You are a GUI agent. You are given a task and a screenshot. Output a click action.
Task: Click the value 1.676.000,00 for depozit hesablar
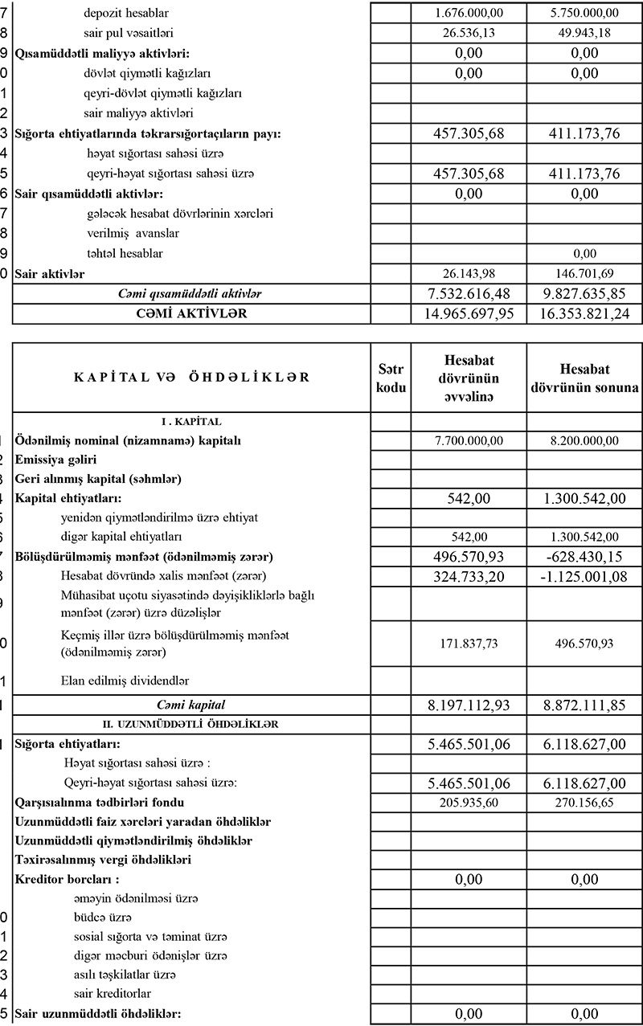[469, 13]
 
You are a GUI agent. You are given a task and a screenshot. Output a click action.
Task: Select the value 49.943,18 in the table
[584, 33]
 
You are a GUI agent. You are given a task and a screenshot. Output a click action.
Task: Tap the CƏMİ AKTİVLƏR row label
[190, 314]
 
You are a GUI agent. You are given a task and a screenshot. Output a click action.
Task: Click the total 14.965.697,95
[469, 314]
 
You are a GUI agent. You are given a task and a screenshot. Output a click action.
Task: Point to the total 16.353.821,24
[584, 314]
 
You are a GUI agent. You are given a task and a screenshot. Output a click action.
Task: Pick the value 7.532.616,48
[469, 294]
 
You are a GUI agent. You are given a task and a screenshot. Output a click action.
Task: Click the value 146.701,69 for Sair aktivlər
[584, 274]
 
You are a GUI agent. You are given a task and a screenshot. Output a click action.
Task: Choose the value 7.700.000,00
[469, 440]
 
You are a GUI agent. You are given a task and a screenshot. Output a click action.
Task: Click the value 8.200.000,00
[584, 440]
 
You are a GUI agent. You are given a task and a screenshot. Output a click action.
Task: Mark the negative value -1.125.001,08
[584, 576]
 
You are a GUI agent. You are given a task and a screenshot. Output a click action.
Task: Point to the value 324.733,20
[469, 576]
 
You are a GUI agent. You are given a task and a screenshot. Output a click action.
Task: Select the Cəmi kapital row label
[190, 705]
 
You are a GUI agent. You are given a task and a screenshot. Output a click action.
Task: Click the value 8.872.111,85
[584, 705]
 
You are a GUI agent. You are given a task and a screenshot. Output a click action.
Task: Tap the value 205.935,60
[469, 803]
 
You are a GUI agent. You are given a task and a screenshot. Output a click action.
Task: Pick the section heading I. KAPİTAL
[190, 420]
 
